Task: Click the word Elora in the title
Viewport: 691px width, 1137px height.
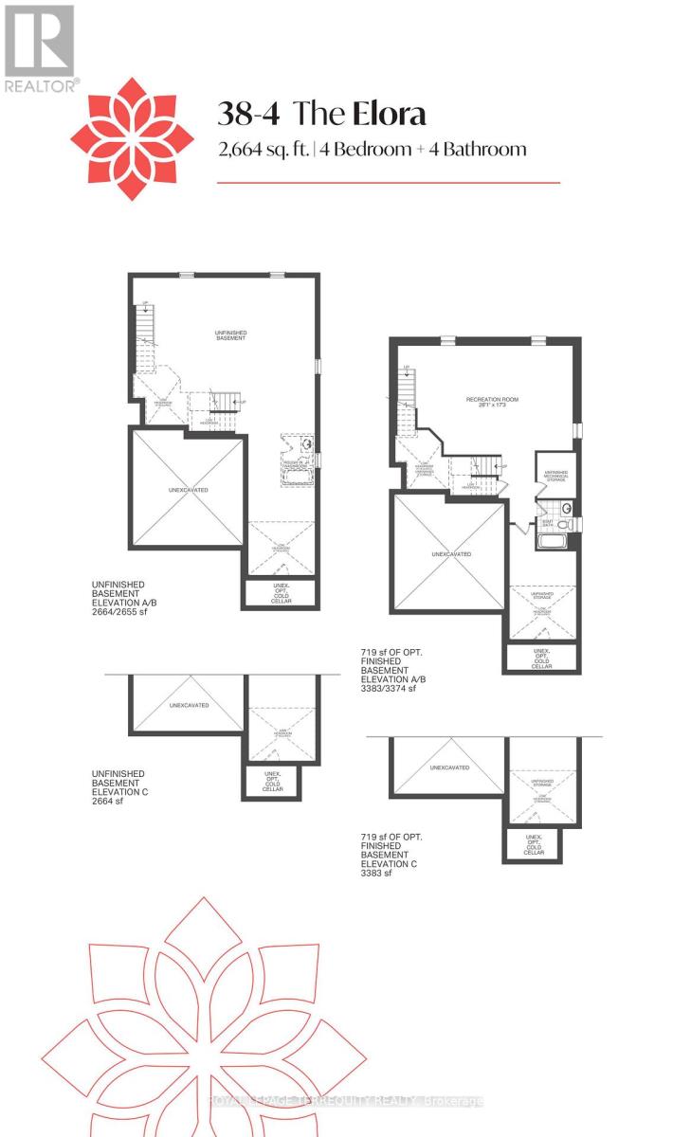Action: coord(390,115)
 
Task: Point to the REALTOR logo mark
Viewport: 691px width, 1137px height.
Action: coord(39,47)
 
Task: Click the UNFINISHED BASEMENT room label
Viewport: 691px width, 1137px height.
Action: coord(230,335)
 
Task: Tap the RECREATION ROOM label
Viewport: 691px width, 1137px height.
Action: coord(489,400)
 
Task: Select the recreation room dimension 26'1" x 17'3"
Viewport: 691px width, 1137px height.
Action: coord(489,406)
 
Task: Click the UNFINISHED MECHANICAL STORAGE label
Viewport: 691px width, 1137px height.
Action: coord(554,476)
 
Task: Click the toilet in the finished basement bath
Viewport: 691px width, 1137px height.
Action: coord(565,523)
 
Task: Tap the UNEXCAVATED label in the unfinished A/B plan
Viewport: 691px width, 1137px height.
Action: coord(188,490)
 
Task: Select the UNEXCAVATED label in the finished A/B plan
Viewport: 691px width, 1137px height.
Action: coord(450,554)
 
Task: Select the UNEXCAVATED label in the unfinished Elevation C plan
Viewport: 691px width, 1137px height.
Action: coord(189,705)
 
